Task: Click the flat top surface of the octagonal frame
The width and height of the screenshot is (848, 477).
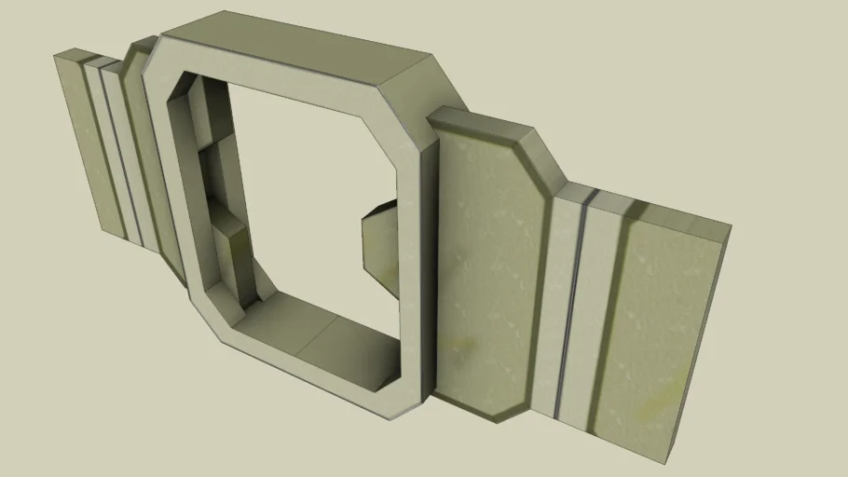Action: (308, 42)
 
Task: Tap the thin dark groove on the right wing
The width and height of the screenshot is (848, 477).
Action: (571, 307)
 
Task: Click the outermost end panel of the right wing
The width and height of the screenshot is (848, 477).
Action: (657, 335)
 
